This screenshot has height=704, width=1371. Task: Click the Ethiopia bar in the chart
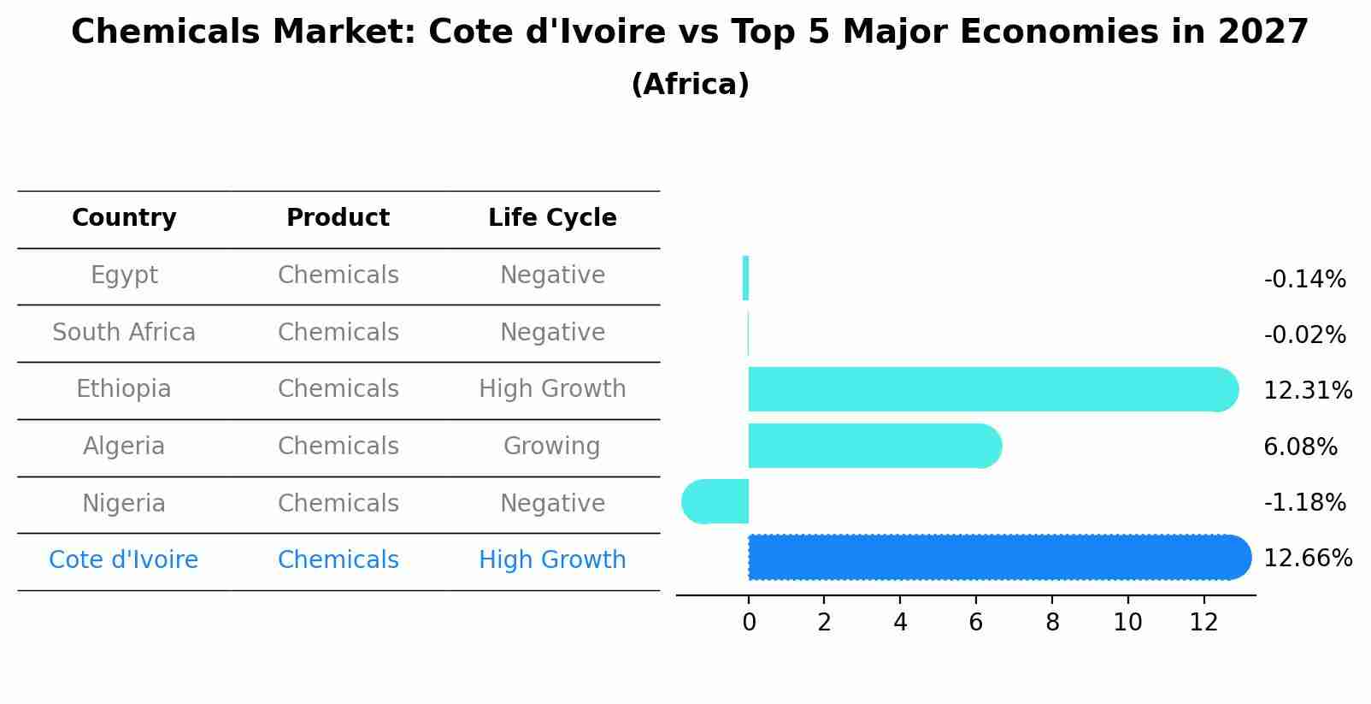point(991,389)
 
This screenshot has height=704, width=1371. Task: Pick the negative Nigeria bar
point(716,502)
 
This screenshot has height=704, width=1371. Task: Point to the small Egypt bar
point(745,278)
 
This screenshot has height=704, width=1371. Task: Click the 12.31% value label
point(1307,391)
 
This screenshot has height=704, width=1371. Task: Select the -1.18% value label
point(1304,503)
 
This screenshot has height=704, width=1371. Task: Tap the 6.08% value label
point(1300,447)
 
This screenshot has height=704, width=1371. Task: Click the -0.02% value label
point(1304,335)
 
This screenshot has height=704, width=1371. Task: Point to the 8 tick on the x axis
point(1052,623)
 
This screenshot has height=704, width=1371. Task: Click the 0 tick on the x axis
point(749,623)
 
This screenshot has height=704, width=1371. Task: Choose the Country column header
point(124,218)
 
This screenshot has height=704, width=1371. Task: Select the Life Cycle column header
point(552,218)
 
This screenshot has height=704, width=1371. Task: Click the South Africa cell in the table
point(124,332)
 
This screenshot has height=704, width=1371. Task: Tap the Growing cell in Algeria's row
point(552,447)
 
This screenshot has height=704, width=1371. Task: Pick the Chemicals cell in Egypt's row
point(338,275)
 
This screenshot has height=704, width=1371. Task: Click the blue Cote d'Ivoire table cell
point(124,560)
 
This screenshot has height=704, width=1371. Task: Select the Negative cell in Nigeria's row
point(552,503)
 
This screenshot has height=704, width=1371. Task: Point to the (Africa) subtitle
point(690,85)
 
